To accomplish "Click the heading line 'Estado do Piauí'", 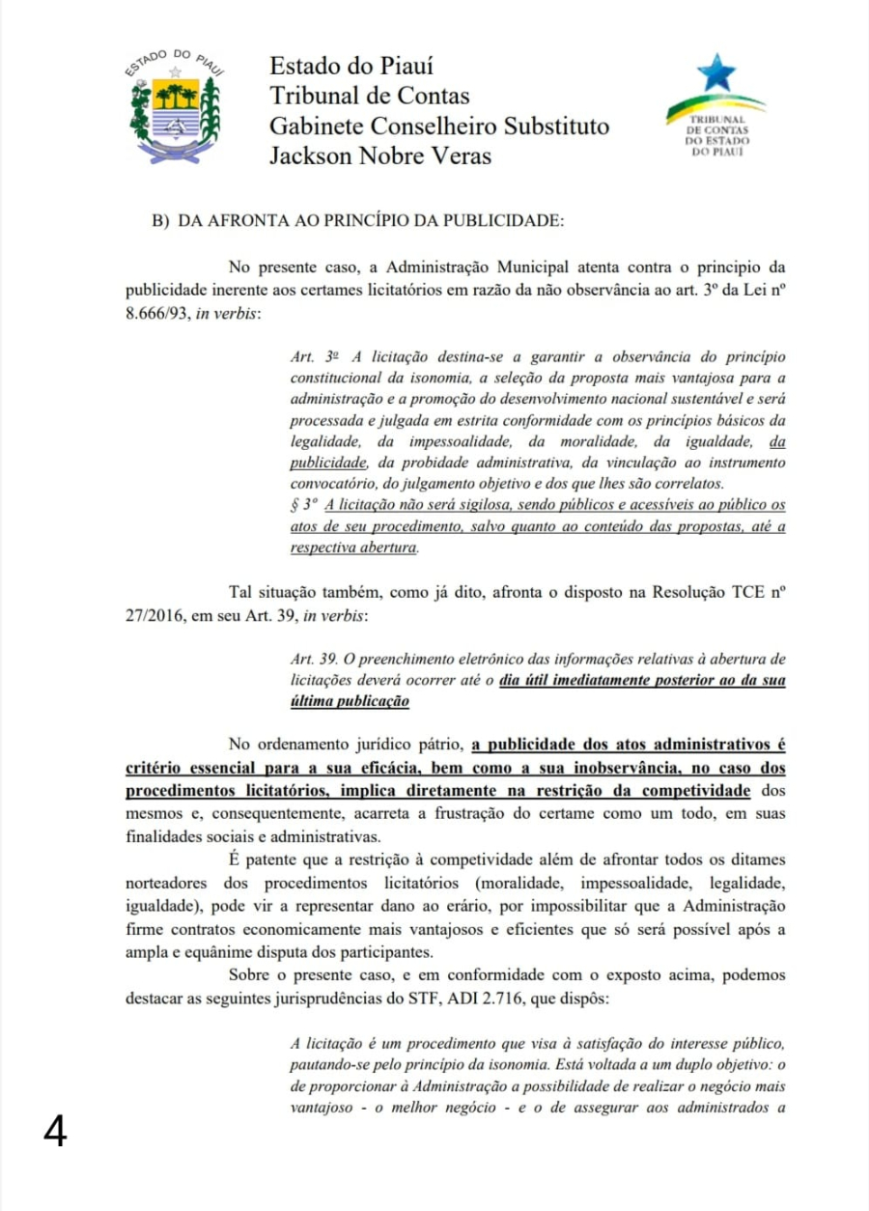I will coord(350,66).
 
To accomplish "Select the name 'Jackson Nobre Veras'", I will coord(379,155).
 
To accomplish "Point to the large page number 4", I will coord(56,1131).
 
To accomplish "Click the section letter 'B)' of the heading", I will coord(160,220).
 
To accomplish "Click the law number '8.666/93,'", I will coord(158,315).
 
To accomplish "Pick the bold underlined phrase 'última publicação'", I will coord(350,701).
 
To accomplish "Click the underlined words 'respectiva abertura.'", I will coord(354,547).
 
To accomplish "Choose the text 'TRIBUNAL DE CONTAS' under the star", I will coord(717,123).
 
